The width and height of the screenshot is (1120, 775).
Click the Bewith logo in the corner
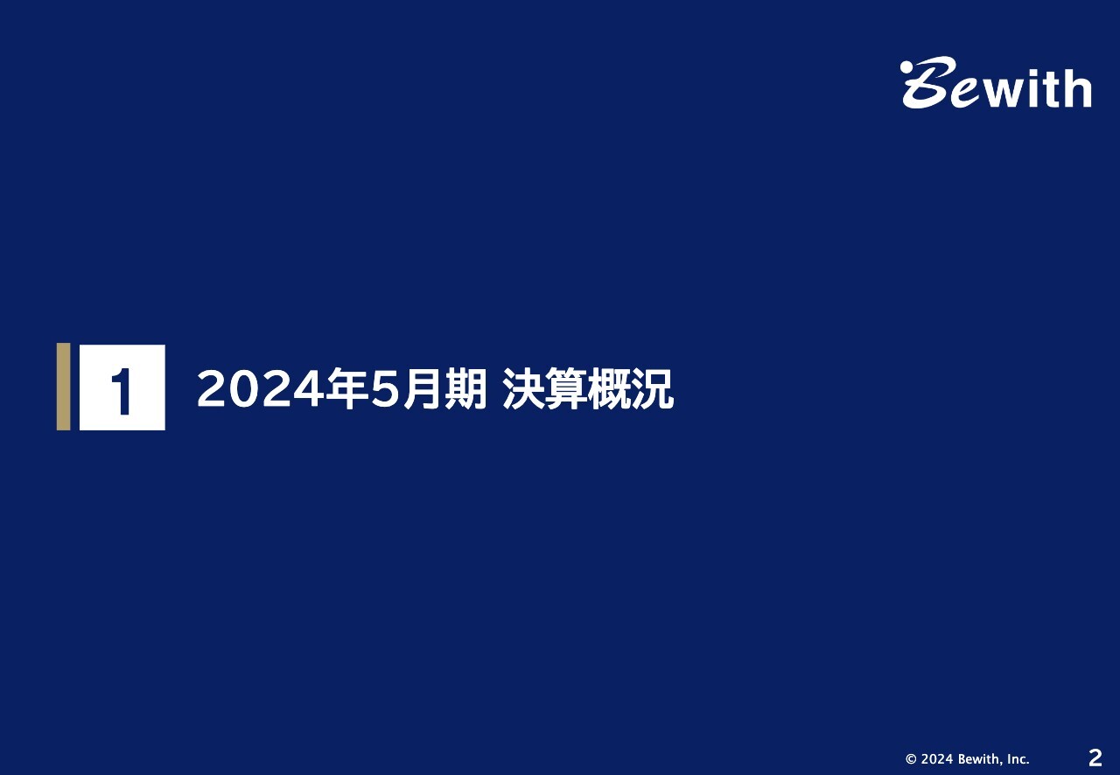tap(996, 82)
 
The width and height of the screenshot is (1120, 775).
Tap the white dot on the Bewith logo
tap(906, 67)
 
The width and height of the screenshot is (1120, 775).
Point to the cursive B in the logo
tap(930, 82)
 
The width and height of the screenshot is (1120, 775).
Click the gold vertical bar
tap(64, 387)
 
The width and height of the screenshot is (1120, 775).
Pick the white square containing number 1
tap(122, 387)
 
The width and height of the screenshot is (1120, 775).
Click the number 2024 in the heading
tap(260, 389)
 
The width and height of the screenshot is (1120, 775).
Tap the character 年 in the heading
tap(345, 389)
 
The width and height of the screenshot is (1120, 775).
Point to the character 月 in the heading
tap(423, 389)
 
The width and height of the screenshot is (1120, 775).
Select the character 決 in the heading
tap(523, 389)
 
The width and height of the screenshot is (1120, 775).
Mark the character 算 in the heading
tap(566, 389)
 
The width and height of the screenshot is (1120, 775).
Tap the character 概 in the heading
tap(609, 389)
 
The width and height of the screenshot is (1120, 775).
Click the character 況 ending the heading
tap(653, 389)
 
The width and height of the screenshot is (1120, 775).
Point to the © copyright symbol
tap(911, 759)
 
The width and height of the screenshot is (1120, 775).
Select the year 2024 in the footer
tap(937, 759)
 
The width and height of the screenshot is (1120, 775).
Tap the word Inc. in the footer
tap(1018, 759)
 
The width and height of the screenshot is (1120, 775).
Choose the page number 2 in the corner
tap(1095, 758)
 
